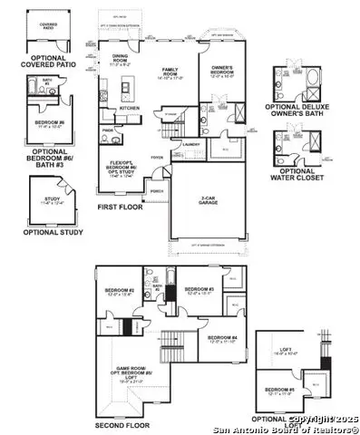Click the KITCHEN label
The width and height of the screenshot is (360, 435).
pos(129,108)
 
